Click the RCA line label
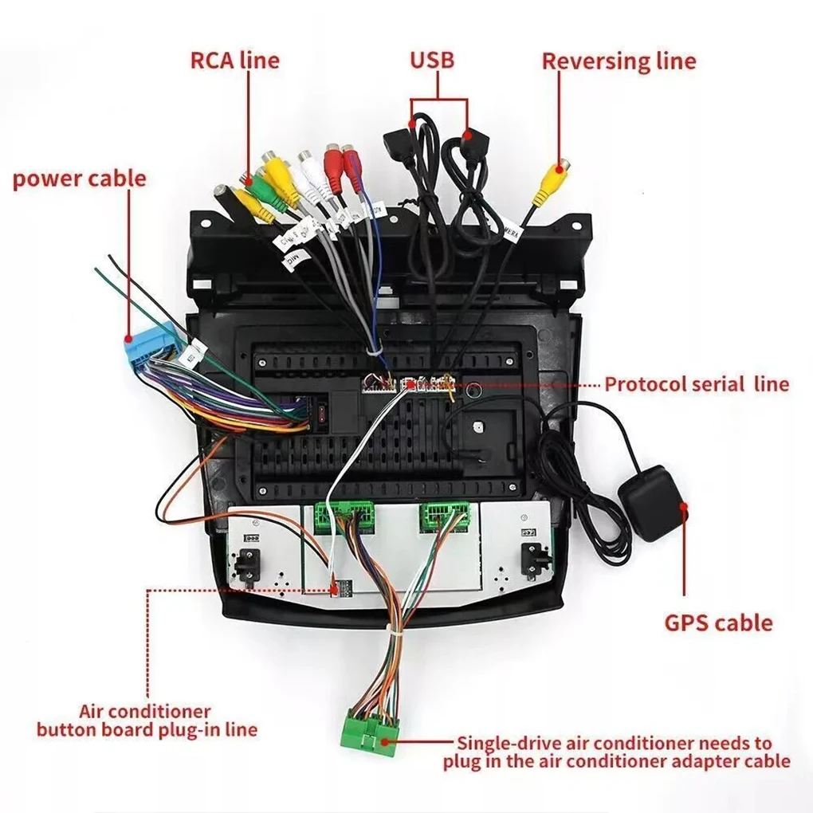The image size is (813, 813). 234,61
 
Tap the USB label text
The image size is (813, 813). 432,60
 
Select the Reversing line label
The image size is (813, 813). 619,61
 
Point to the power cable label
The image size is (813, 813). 79,178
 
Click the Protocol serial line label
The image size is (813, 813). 697,384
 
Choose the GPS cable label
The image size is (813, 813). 718,623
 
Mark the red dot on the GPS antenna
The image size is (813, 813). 684,505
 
